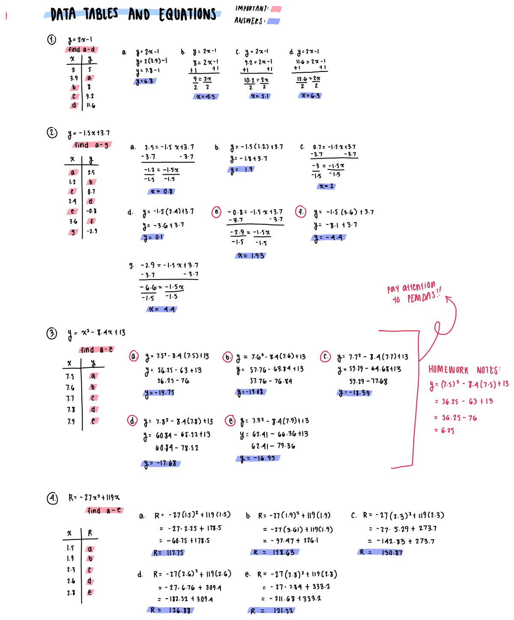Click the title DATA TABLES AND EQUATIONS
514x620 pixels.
pyautogui.click(x=133, y=15)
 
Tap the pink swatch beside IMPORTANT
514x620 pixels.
pyautogui.click(x=276, y=9)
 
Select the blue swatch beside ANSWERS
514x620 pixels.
pyautogui.click(x=273, y=21)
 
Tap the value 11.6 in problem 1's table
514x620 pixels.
pyautogui.click(x=90, y=105)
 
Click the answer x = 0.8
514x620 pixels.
pyautogui.click(x=161, y=191)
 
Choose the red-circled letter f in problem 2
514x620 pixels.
pyautogui.click(x=301, y=212)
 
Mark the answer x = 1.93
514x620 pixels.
pyautogui.click(x=251, y=256)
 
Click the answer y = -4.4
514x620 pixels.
pyautogui.click(x=329, y=238)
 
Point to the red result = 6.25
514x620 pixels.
pyautogui.click(x=444, y=430)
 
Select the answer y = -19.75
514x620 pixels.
pyautogui.click(x=159, y=393)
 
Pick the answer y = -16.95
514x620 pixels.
pyautogui.click(x=258, y=458)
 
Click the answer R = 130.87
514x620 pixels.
pyautogui.click(x=381, y=552)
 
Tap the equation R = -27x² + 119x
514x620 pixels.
pyautogui.click(x=94, y=498)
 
